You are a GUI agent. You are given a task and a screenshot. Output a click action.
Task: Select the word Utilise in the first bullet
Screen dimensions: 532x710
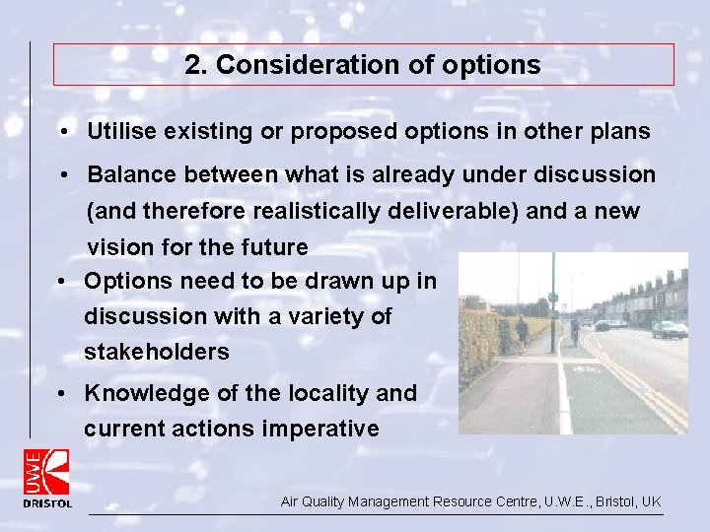pyautogui.click(x=119, y=131)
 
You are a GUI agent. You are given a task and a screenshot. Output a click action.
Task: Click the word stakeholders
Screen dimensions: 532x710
pyautogui.click(x=156, y=352)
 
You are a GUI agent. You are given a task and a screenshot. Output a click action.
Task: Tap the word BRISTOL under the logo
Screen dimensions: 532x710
pyautogui.click(x=47, y=503)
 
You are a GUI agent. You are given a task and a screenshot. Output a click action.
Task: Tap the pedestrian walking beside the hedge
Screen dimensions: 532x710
pyautogui.click(x=522, y=332)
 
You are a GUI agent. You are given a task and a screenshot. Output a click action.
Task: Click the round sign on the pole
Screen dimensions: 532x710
pyautogui.click(x=552, y=297)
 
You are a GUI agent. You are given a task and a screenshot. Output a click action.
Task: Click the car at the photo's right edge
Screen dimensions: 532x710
pyautogui.click(x=671, y=329)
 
